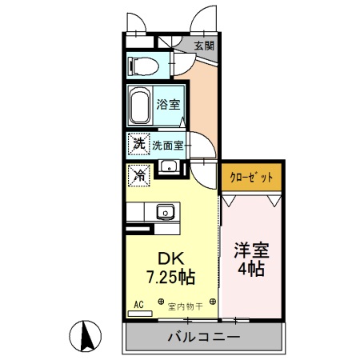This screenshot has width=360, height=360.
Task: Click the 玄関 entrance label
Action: (204, 46)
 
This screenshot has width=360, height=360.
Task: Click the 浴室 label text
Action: (167, 104)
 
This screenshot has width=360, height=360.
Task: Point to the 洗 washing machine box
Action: (138, 145)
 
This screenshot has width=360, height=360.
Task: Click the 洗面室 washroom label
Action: (168, 146)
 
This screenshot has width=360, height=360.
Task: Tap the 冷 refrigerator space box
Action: (138, 173)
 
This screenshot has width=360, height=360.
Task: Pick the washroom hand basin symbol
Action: (169, 167)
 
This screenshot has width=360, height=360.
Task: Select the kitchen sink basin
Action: (166, 212)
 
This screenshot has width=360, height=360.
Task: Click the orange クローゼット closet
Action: (252, 177)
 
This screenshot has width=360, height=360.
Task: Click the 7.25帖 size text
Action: (170, 277)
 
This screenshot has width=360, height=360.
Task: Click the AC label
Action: (138, 305)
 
